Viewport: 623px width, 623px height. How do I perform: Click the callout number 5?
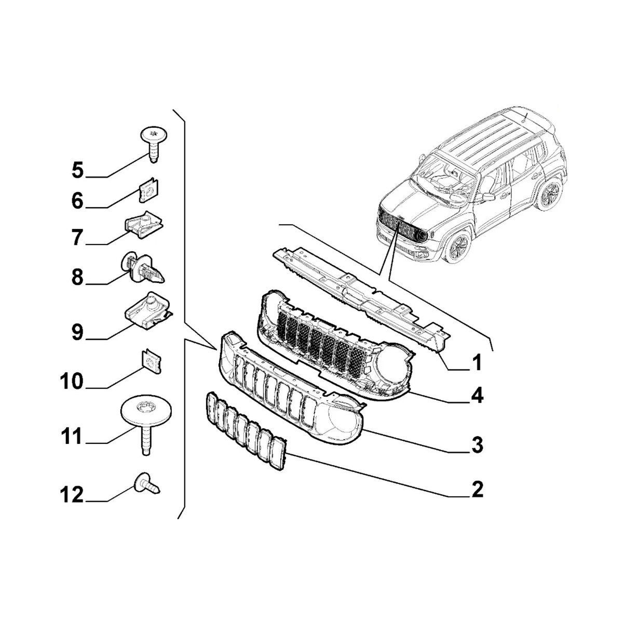tap(77, 170)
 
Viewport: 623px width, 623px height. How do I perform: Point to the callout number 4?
tap(477, 396)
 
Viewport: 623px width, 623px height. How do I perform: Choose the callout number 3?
tap(477, 445)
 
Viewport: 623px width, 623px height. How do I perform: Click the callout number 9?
tap(77, 332)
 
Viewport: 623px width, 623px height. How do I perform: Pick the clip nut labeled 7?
tap(144, 224)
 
